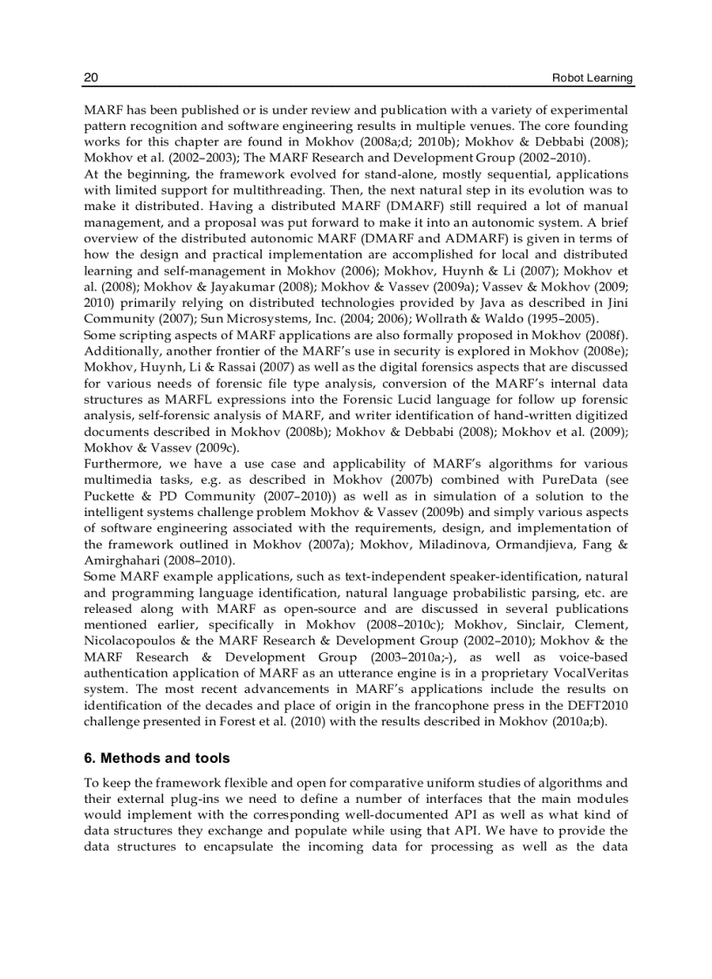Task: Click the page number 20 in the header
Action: pos(90,78)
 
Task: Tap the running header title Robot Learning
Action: pos(592,78)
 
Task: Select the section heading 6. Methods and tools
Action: pos(156,758)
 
